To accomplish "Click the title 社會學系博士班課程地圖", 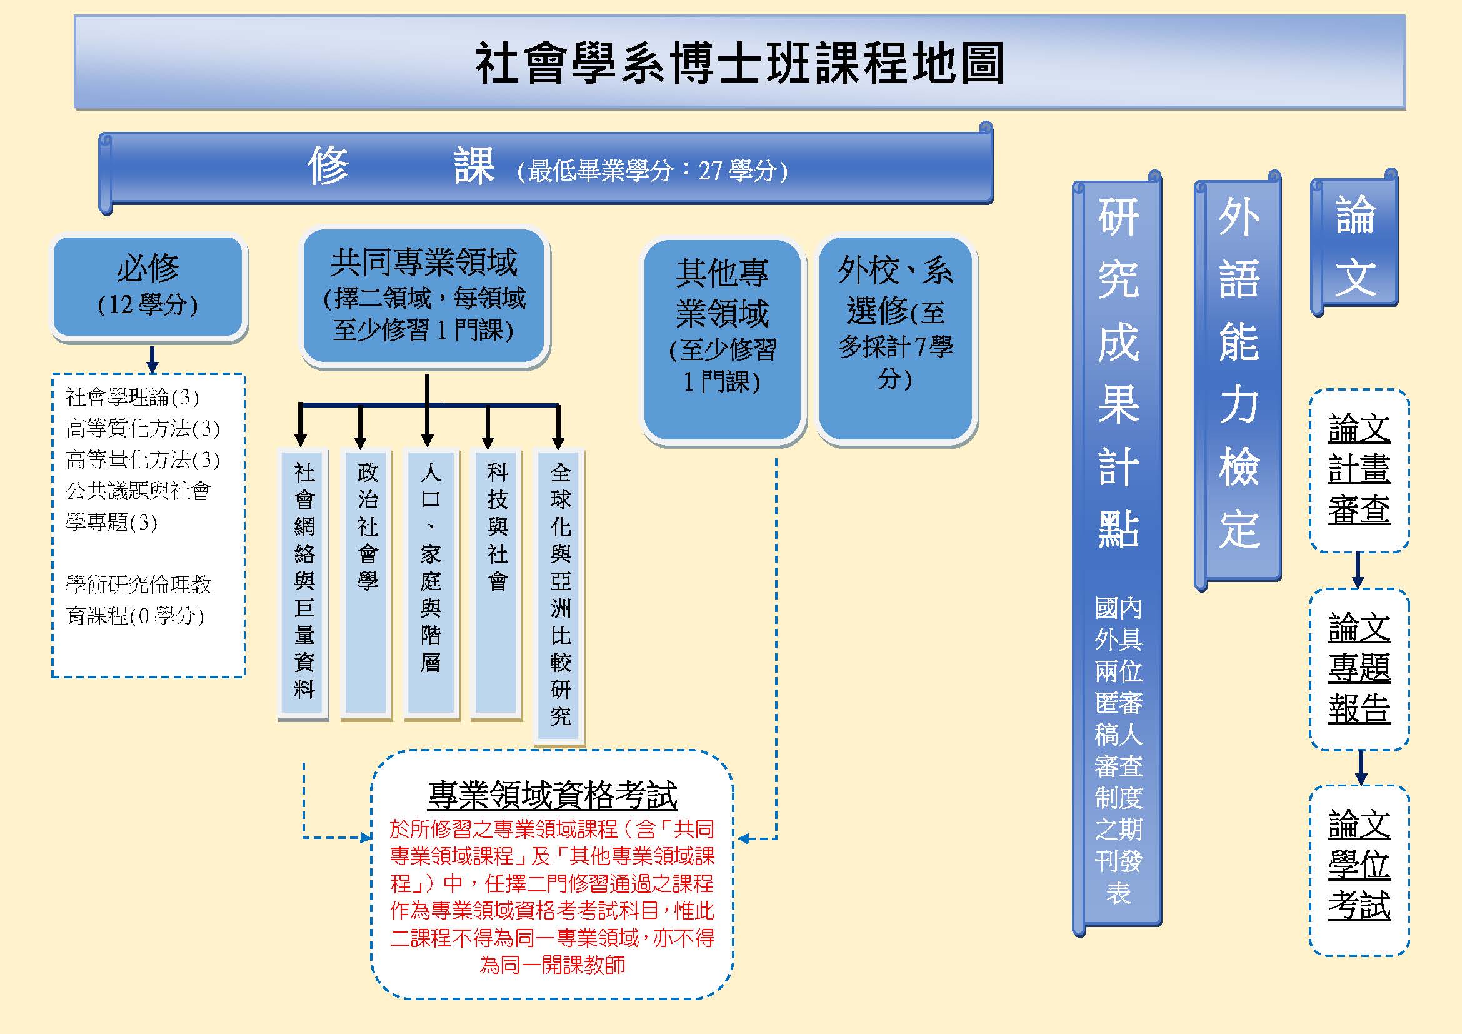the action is pyautogui.click(x=739, y=63).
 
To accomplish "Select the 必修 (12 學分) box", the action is pyautogui.click(x=148, y=287).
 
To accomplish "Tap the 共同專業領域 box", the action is pyautogui.click(x=424, y=296).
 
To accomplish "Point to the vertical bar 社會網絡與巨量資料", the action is pyautogui.click(x=304, y=585).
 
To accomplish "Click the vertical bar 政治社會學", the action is pyautogui.click(x=366, y=585).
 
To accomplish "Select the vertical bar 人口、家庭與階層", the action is pyautogui.click(x=431, y=585).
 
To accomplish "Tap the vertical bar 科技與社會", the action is pyautogui.click(x=497, y=585).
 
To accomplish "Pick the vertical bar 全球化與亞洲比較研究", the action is pyautogui.click(x=559, y=596).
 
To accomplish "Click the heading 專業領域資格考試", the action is pyautogui.click(x=552, y=795).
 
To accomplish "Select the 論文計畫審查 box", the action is pyautogui.click(x=1359, y=471).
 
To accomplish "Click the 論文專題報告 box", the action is pyautogui.click(x=1359, y=669).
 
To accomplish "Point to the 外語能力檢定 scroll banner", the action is pyautogui.click(x=1238, y=380).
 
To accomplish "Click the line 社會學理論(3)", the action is pyautogui.click(x=133, y=398).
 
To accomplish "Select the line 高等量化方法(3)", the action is pyautogui.click(x=143, y=459).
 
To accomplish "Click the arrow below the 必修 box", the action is pyautogui.click(x=151, y=359).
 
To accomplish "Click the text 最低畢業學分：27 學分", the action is pyautogui.click(x=652, y=171).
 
